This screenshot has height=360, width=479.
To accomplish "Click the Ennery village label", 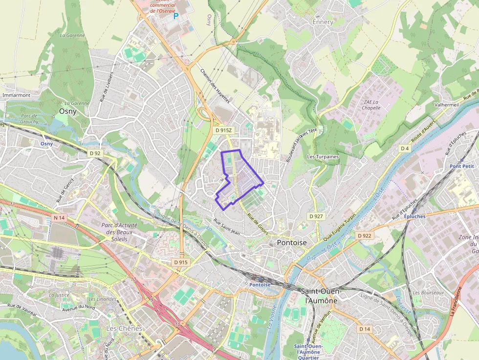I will pyautogui.click(x=323, y=22).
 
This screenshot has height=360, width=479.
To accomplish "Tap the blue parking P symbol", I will pyautogui.click(x=176, y=17).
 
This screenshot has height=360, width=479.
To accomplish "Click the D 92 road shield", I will pyautogui.click(x=95, y=153).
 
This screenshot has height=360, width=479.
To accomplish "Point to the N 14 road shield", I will pyautogui.click(x=59, y=218).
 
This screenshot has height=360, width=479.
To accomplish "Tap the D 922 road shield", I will pyautogui.click(x=365, y=235).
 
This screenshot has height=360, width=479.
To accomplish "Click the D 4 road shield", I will pyautogui.click(x=404, y=148).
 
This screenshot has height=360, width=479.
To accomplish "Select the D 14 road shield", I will pyautogui.click(x=365, y=329).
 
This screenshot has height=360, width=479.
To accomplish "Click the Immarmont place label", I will pyautogui.click(x=16, y=95).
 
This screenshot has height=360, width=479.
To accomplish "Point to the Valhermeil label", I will pyautogui.click(x=447, y=105).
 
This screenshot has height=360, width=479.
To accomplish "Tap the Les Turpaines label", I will pyautogui.click(x=323, y=157).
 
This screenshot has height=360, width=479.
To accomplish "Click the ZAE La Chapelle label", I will pyautogui.click(x=371, y=105).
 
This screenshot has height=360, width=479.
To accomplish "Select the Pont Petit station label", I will pyautogui.click(x=462, y=166).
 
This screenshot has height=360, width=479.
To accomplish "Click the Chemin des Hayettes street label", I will pyautogui.click(x=215, y=85).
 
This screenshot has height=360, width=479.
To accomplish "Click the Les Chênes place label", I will pyautogui.click(x=124, y=328).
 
